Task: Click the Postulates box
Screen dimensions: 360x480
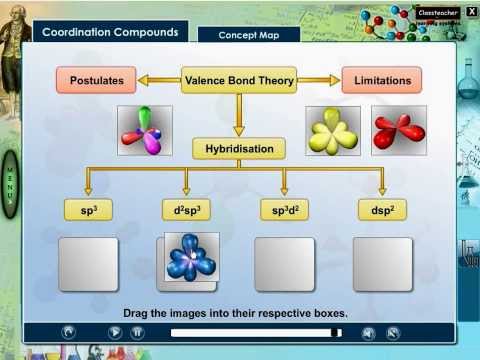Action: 96,80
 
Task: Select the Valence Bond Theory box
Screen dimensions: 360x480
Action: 238,80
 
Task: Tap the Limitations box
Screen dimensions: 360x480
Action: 381,80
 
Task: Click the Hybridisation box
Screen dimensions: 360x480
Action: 239,148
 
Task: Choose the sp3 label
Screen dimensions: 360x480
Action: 88,210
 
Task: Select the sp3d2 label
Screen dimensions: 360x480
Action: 285,210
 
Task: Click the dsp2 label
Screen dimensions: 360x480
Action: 382,210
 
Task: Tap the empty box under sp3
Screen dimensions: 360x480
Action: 88,264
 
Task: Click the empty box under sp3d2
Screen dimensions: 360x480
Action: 285,264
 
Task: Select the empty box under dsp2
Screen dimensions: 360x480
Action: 382,264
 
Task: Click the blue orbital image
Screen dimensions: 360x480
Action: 192,257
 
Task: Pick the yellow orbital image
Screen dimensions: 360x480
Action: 332,131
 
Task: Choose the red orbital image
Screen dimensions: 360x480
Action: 398,130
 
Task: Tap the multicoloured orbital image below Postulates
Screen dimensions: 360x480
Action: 146,131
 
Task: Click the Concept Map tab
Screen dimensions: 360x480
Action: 247,36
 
